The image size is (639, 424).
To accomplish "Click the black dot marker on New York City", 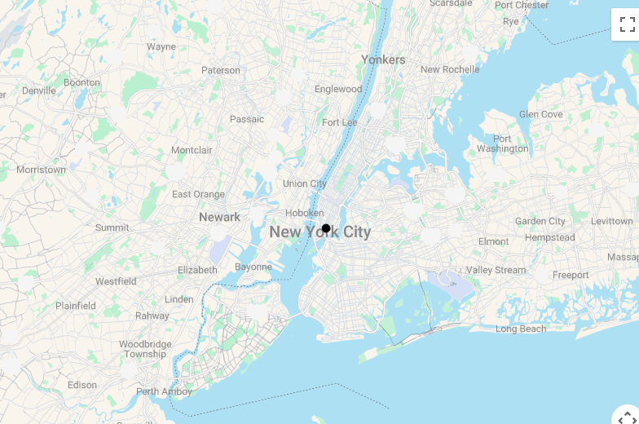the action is point(326,228).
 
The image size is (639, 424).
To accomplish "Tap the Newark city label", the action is point(219,217).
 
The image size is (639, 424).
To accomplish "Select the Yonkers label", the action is point(383,60).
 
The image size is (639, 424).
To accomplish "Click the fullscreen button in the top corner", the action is point(627,24).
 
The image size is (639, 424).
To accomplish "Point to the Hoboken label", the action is point(304,213).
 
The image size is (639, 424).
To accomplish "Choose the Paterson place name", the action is point(221,70).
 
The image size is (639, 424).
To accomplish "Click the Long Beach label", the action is point(521,329).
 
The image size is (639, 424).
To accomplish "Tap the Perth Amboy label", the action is point(164,391).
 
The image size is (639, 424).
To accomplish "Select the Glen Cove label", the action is point(540,114).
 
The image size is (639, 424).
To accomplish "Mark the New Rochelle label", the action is point(450,69).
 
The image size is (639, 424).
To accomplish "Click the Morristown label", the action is point(41,170).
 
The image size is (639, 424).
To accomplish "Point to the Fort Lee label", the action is point(339,122).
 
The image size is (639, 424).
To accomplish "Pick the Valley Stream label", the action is point(496,270).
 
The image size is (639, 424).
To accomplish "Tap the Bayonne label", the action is point(253,267).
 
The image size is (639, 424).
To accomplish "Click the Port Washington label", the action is point(502,144).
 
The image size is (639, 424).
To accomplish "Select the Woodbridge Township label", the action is point(145,349).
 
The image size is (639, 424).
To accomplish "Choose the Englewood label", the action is point(338,89).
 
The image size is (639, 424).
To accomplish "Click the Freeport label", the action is point(571,275).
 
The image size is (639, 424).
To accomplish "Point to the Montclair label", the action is point(192,150).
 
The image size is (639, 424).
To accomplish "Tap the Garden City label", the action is point(540,221).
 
